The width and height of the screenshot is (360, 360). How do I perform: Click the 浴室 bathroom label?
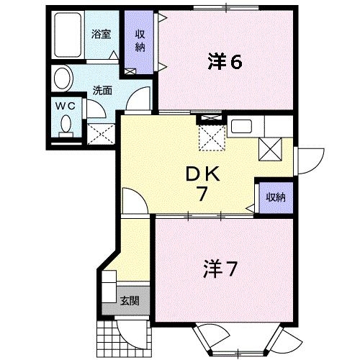pos(100,33)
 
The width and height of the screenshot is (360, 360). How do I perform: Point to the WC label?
pos(66,105)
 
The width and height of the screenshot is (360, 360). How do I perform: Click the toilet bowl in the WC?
pos(67,127)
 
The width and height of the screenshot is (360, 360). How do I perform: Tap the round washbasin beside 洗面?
pos(63,78)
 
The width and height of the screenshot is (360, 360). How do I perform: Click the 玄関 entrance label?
pos(130,301)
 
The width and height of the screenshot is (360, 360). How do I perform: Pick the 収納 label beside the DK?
pos(274,197)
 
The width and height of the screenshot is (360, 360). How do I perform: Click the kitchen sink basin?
pos(241,128)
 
